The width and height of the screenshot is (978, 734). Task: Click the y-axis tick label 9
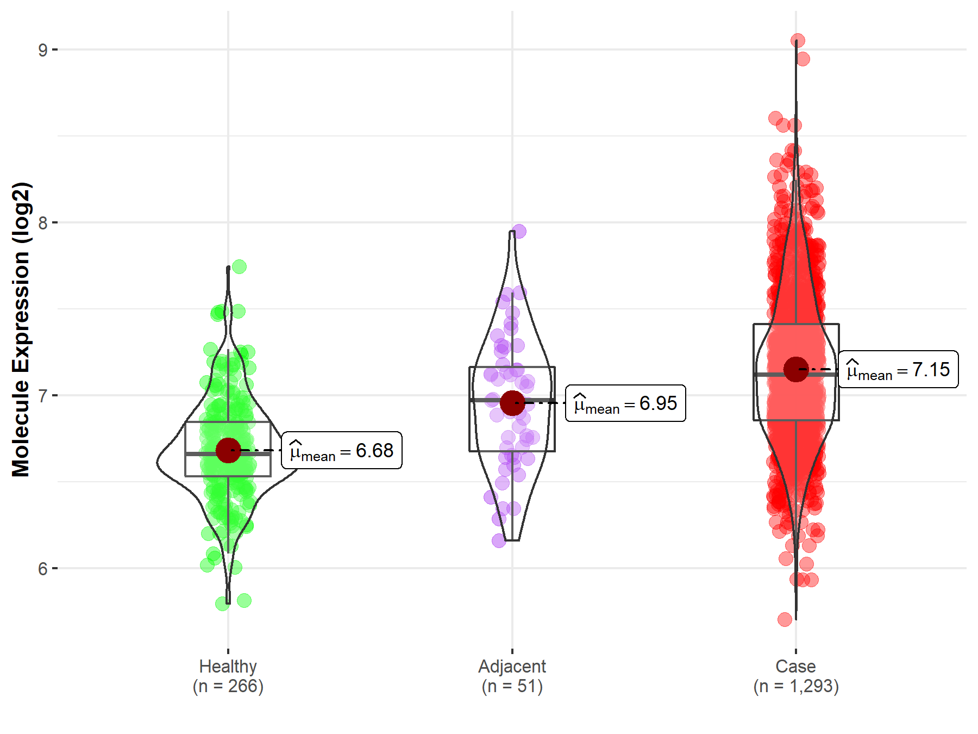tap(42, 50)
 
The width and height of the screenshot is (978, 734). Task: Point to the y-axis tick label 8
tap(42, 223)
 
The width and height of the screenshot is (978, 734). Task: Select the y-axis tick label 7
tap(42, 396)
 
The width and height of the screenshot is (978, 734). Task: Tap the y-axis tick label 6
tap(42, 569)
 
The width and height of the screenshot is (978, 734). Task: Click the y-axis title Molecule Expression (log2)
tap(21, 329)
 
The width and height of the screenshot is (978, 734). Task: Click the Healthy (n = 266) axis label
tap(228, 676)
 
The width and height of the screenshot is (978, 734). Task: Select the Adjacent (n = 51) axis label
tap(512, 676)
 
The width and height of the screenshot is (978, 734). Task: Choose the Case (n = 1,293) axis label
tap(796, 676)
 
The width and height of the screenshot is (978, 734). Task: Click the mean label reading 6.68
tap(342, 450)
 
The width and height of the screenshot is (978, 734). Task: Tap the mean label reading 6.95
tap(625, 403)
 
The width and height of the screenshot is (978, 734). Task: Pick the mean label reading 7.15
tap(898, 369)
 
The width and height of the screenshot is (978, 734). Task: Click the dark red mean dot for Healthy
tap(228, 450)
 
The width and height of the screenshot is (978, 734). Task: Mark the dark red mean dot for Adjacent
tap(512, 403)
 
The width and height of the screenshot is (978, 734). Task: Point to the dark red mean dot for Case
tap(796, 370)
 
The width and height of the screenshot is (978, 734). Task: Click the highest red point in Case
tap(798, 41)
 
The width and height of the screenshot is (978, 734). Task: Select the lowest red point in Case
tap(785, 619)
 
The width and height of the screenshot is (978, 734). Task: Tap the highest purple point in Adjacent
tap(519, 232)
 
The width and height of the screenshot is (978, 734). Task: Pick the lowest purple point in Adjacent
tap(499, 540)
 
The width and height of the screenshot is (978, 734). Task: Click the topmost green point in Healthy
tap(239, 267)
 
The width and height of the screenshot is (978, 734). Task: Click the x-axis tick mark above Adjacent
tap(512, 651)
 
